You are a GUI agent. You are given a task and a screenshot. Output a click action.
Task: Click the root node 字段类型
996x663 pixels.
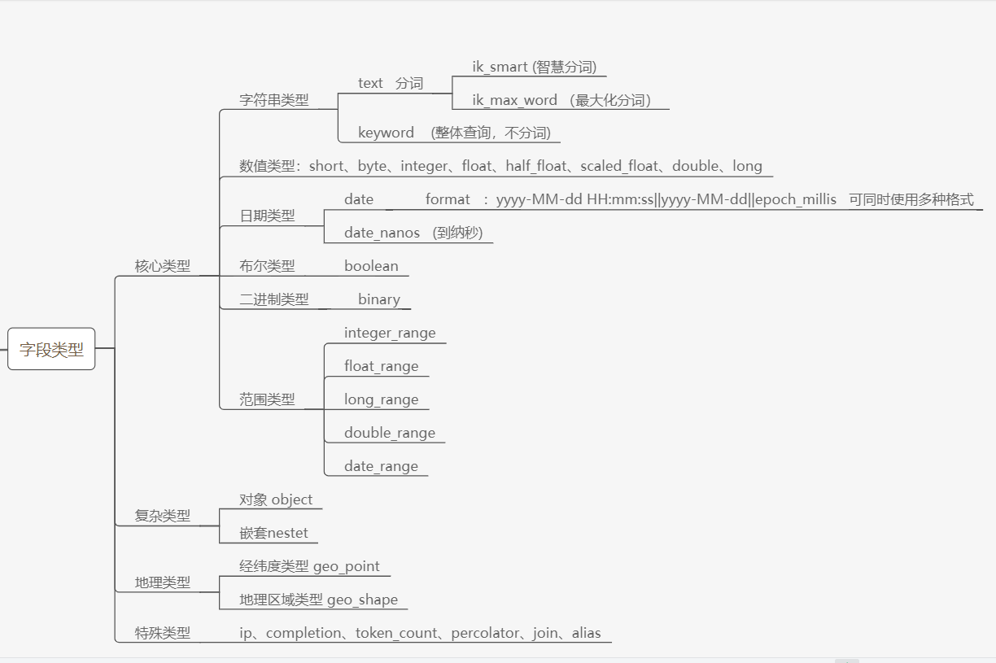[x=51, y=349]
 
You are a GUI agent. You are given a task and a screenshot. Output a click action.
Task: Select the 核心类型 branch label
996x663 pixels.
[x=163, y=266]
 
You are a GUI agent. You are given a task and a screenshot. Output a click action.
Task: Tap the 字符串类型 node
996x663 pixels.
[x=274, y=100]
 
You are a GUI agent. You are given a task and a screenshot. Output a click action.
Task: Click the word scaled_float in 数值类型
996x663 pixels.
[x=619, y=166]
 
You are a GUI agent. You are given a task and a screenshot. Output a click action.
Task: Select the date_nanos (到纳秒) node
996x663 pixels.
[x=413, y=233]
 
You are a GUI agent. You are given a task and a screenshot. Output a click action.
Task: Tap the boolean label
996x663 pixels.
[x=371, y=266]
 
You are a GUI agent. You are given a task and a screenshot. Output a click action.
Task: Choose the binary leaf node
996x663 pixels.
[x=379, y=299]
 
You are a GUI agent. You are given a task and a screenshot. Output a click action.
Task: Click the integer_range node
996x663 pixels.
[x=390, y=333]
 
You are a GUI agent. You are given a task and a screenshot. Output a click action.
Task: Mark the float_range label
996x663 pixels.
[x=381, y=366]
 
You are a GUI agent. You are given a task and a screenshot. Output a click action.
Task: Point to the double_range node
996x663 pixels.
[x=390, y=433]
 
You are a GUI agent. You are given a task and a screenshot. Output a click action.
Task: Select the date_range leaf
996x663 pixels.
[x=381, y=466]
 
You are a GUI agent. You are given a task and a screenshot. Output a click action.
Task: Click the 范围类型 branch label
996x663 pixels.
[x=267, y=399]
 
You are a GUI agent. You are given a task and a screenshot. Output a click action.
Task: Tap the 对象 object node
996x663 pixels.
[x=276, y=499]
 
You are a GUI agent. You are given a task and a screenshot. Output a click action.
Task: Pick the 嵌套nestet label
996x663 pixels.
[x=273, y=533]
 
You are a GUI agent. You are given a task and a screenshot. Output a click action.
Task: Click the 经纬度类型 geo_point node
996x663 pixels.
[x=309, y=566]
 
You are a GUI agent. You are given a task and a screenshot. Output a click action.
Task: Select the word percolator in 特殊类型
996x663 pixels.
[x=486, y=633]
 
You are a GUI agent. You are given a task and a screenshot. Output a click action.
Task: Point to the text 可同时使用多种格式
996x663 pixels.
[x=911, y=199]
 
